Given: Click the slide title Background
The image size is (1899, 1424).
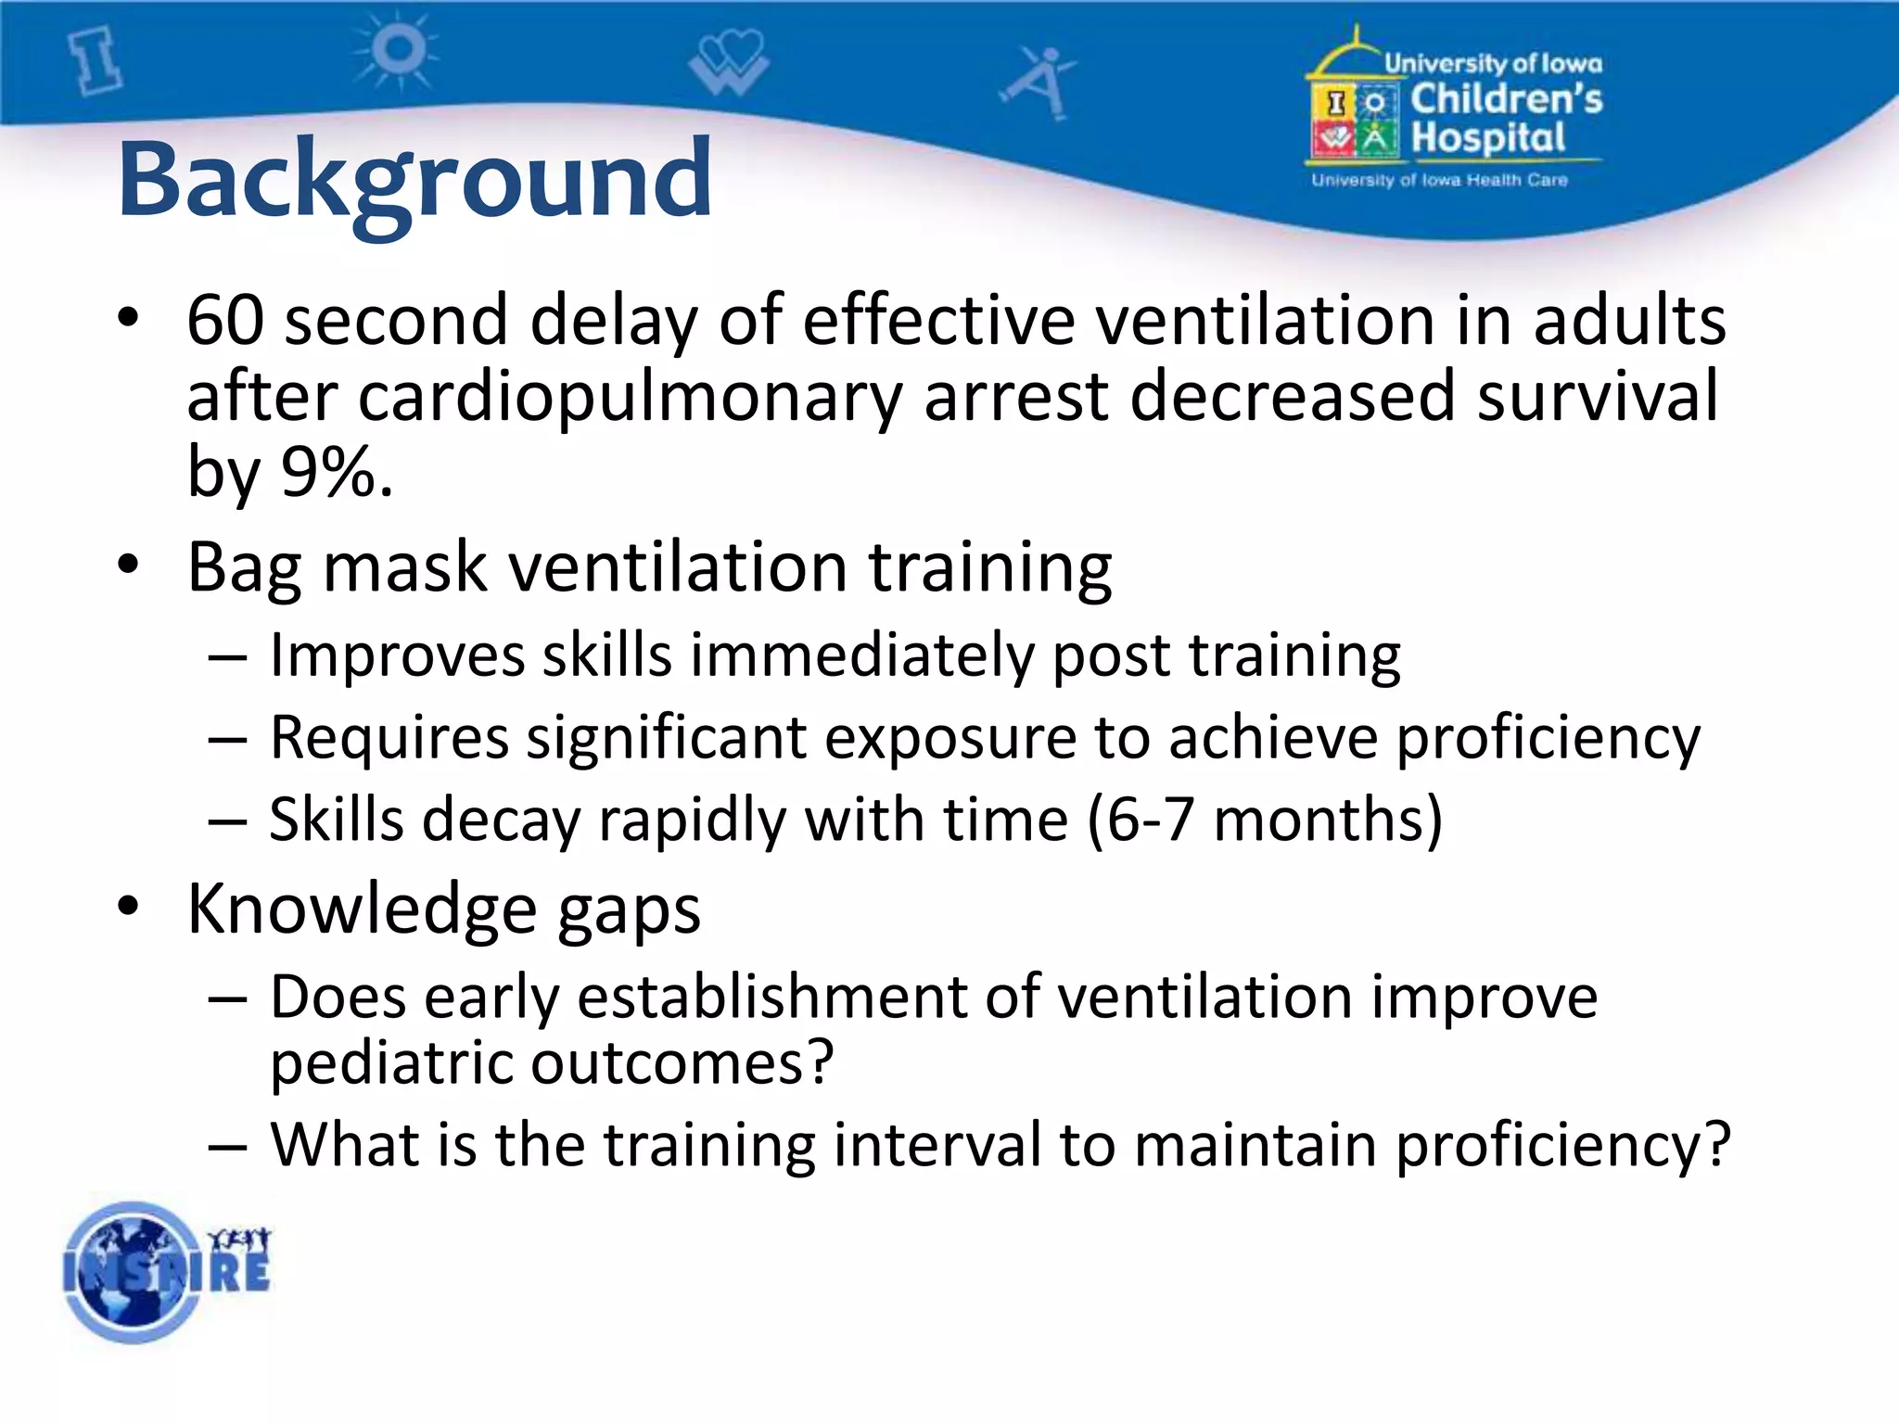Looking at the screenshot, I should click(x=414, y=179).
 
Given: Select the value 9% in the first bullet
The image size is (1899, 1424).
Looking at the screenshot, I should click(x=326, y=471).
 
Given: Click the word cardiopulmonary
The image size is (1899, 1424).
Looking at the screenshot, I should click(x=629, y=396).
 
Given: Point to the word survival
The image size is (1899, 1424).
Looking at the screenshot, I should click(x=1598, y=396).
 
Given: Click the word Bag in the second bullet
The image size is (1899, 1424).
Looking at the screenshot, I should click(x=244, y=567).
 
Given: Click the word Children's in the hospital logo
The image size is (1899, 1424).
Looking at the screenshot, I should click(x=1506, y=99).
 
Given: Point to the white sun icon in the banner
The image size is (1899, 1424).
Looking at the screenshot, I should click(x=397, y=51).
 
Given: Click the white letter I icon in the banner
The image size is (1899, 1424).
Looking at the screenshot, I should click(x=97, y=61).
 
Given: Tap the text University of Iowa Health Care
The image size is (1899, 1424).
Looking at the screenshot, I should click(x=1439, y=180).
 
